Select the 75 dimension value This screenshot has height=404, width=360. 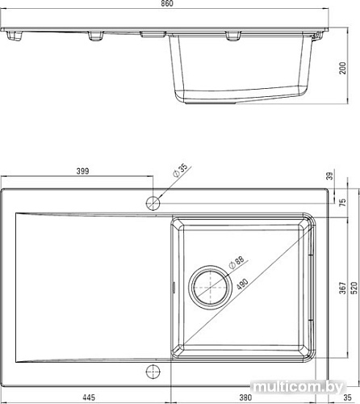pos(341,203)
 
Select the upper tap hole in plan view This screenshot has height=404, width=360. pos(152,200)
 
